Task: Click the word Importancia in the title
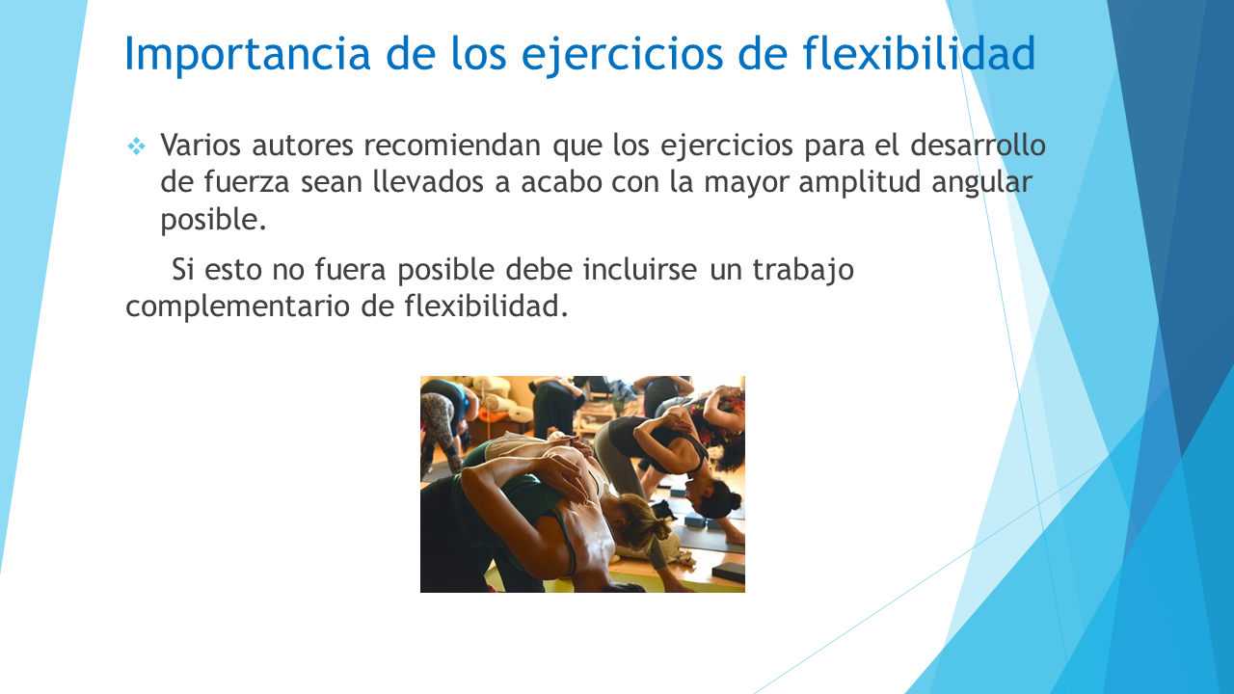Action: click(248, 53)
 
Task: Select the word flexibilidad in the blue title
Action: click(919, 52)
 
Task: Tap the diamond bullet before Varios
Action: click(136, 147)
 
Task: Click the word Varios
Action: click(201, 146)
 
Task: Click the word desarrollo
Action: click(978, 146)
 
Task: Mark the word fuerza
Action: click(246, 182)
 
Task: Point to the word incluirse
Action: click(640, 270)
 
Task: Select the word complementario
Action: click(237, 307)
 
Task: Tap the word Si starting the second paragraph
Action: click(182, 270)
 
